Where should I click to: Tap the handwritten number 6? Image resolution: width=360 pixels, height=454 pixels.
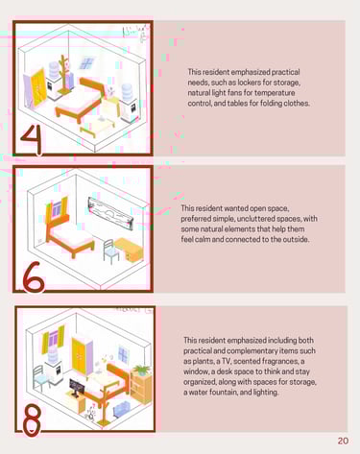click(33, 277)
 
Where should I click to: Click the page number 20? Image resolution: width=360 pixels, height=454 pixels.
click(343, 441)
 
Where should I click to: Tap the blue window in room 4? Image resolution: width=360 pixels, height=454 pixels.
click(87, 63)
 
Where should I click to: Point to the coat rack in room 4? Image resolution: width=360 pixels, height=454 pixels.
click(64, 76)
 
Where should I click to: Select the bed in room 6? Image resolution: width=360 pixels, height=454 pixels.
click(69, 233)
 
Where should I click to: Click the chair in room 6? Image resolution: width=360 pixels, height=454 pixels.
click(110, 251)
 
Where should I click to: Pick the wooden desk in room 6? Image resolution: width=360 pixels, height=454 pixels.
click(129, 250)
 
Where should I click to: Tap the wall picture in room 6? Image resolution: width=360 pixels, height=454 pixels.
click(110, 212)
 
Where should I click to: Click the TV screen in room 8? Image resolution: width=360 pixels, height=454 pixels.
click(77, 386)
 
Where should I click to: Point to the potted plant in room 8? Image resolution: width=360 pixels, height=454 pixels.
click(141, 370)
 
